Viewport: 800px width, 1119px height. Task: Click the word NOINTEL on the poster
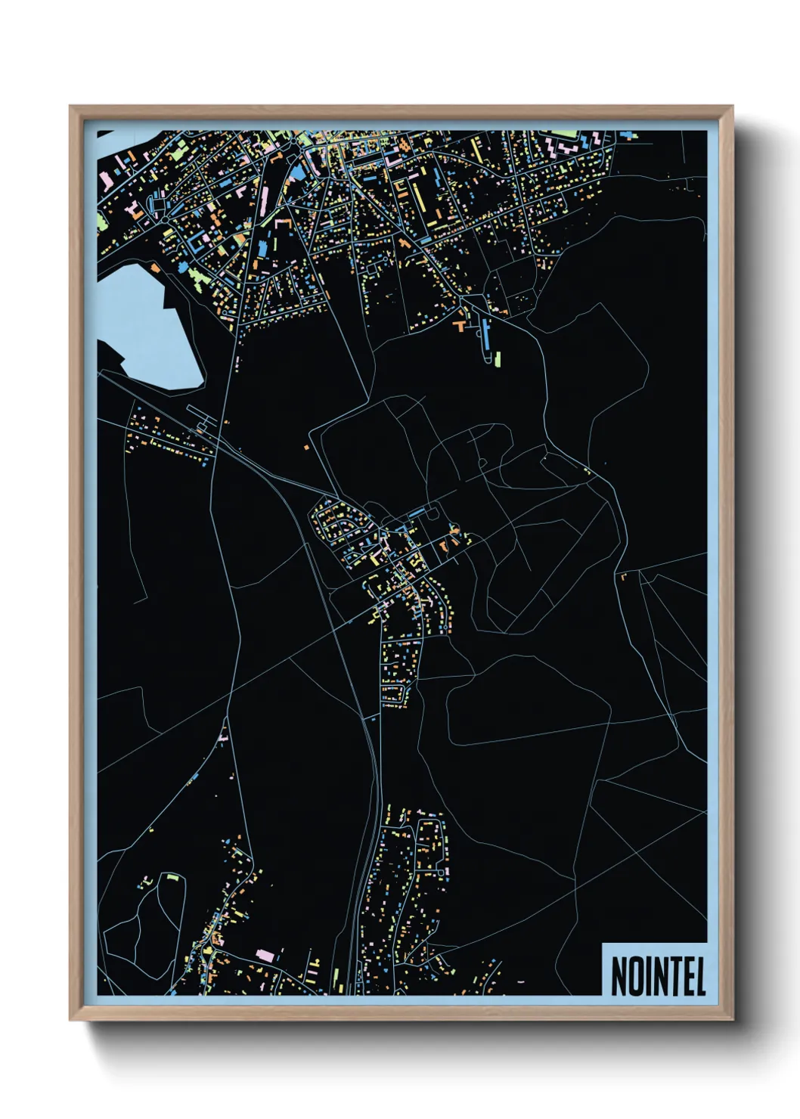(x=657, y=976)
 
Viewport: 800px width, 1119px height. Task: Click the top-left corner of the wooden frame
(x=70, y=107)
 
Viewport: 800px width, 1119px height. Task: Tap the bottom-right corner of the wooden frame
(x=732, y=1020)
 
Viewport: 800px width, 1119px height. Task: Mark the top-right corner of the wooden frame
(x=732, y=107)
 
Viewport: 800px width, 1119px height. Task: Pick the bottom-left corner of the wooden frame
(x=70, y=1020)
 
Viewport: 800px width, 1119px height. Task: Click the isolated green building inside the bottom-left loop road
(x=172, y=877)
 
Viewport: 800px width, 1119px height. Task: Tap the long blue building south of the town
(x=485, y=334)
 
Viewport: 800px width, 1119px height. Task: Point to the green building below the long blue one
(x=498, y=358)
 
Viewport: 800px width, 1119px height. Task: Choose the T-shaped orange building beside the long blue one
(x=459, y=326)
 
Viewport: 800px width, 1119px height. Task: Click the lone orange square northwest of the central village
(x=306, y=448)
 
